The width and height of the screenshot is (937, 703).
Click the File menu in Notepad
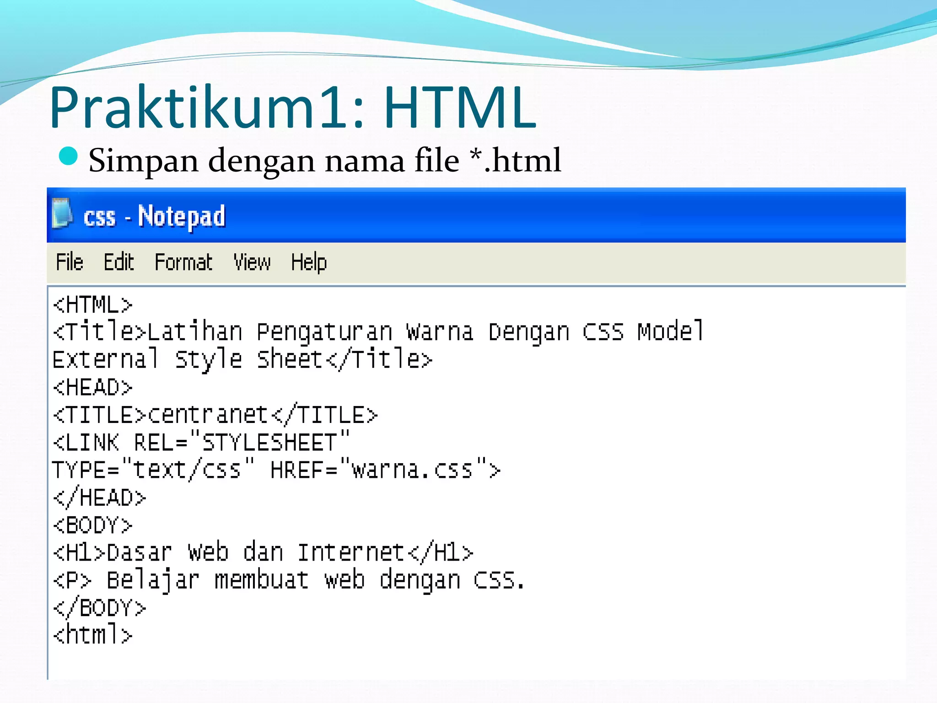[70, 263]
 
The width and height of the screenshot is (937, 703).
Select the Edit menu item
[118, 263]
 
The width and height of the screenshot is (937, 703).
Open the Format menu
[183, 263]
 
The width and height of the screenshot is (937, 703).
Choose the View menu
[252, 263]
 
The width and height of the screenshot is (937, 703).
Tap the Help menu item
[309, 263]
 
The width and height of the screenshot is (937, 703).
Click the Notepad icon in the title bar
[62, 213]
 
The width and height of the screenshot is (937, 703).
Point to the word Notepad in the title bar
[182, 216]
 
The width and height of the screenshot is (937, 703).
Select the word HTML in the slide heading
[459, 107]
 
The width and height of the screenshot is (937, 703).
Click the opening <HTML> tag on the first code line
[92, 305]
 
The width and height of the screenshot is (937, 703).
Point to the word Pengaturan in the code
[324, 332]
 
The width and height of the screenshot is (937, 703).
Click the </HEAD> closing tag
[99, 498]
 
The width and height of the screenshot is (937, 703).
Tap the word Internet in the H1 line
[351, 552]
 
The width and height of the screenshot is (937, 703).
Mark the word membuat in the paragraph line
[262, 580]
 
